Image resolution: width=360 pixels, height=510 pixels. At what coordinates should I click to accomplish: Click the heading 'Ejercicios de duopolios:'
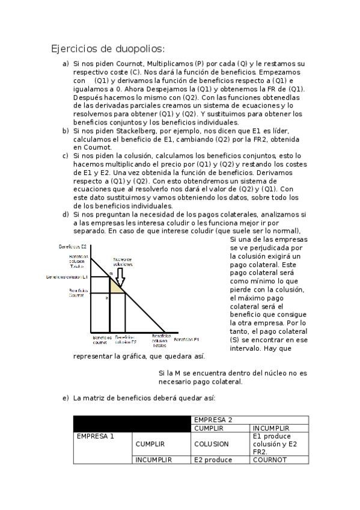click(108, 49)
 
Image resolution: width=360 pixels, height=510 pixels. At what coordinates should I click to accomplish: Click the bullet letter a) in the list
click(66, 64)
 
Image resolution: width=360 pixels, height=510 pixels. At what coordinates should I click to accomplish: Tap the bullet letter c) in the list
click(66, 156)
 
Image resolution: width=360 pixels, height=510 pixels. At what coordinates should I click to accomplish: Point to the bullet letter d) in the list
click(66, 214)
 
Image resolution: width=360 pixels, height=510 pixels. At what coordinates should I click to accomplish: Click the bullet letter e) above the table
click(66, 398)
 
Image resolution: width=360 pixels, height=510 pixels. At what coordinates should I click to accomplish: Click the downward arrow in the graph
click(120, 277)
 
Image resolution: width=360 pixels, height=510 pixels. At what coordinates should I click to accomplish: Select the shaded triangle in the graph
click(115, 286)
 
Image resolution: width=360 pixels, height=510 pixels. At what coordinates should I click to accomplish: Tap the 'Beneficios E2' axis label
click(73, 247)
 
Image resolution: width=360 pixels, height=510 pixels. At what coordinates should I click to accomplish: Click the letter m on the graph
click(111, 274)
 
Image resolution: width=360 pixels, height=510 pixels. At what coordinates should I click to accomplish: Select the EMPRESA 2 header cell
click(213, 420)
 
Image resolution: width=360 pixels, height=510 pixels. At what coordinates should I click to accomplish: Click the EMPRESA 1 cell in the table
click(95, 436)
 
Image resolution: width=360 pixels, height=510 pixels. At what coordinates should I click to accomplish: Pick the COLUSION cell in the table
click(211, 444)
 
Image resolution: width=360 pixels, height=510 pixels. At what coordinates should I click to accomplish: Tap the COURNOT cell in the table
click(270, 460)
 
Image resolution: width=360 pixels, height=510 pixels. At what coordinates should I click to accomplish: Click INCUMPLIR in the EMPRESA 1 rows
click(154, 460)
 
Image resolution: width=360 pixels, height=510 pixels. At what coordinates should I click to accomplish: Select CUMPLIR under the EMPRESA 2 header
click(209, 428)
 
